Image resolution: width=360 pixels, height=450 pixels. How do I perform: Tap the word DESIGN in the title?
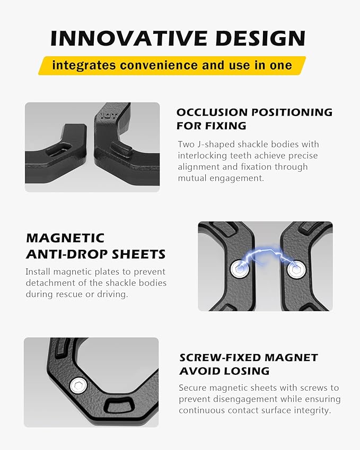(x=260, y=38)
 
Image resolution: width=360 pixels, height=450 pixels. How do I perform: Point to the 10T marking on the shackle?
(x=109, y=116)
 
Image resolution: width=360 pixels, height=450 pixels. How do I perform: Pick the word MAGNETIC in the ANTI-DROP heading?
(x=65, y=238)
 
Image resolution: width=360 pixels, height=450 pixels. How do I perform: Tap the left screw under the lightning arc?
(x=240, y=269)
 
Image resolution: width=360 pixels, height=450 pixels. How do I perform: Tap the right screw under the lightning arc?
(x=296, y=270)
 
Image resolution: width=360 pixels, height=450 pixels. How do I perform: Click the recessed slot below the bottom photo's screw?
(x=119, y=405)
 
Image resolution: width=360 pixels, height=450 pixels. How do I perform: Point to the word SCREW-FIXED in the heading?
(x=220, y=358)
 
